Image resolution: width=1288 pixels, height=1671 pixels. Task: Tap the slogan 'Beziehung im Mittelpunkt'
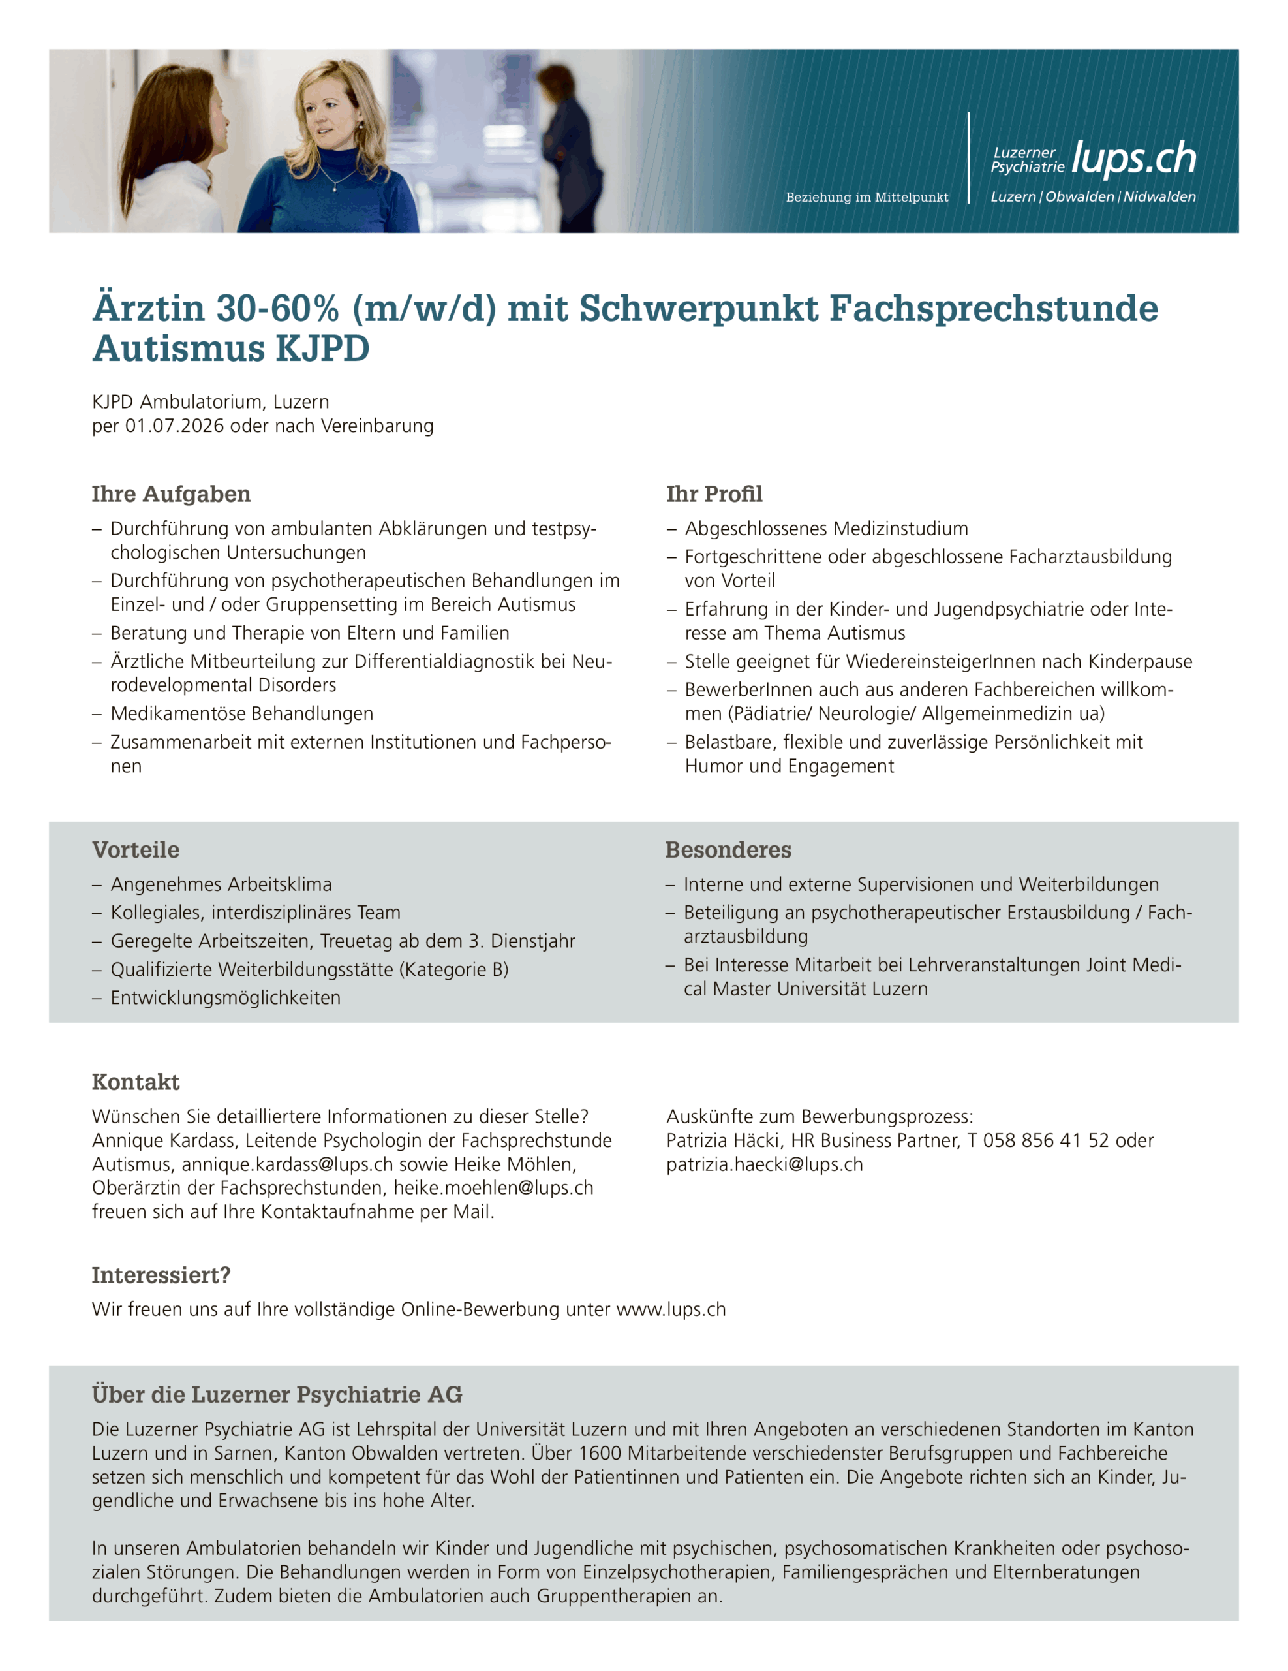[866, 197]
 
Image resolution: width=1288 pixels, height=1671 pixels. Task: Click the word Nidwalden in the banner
[1159, 196]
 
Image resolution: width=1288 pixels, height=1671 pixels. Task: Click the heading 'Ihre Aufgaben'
[172, 494]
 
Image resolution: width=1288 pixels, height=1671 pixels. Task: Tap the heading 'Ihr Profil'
[714, 494]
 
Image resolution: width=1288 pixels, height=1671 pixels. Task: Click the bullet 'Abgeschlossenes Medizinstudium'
[826, 529]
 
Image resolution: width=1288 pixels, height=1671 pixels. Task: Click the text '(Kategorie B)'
[453, 970]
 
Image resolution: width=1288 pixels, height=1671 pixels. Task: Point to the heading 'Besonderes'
[728, 850]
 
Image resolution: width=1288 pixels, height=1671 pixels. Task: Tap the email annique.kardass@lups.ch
[288, 1164]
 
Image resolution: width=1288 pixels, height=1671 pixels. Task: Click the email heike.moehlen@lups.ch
[493, 1188]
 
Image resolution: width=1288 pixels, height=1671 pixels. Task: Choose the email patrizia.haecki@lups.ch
[764, 1164]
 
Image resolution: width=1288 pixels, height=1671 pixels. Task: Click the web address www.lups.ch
[671, 1310]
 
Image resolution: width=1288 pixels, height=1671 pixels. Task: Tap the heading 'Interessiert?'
[161, 1275]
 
